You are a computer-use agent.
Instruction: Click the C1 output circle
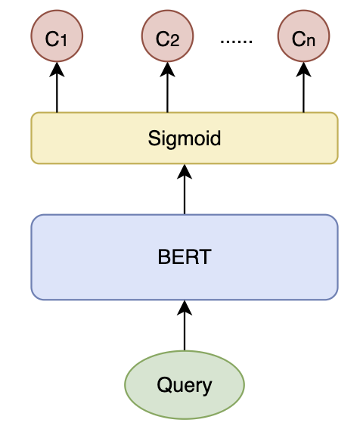[57, 36]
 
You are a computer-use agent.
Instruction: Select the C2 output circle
[167, 36]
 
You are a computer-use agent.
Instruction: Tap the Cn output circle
[303, 36]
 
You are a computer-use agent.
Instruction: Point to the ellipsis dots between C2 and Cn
[236, 42]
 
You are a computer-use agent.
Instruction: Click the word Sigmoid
[185, 138]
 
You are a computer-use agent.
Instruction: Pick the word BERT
[185, 257]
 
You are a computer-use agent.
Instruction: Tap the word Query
[185, 385]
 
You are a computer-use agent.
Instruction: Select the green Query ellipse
[185, 384]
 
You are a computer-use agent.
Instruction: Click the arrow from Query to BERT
[185, 325]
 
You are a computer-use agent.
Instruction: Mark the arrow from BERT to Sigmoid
[185, 189]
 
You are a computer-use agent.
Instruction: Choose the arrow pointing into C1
[57, 87]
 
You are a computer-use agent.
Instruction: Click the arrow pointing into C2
[167, 87]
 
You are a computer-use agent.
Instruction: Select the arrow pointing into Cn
[303, 87]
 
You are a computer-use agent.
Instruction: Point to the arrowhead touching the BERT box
[185, 307]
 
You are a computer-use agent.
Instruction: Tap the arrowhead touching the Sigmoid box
[185, 172]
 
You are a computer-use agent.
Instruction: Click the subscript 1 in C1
[64, 41]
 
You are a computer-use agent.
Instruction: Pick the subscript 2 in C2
[175, 41]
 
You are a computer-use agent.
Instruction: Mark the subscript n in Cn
[311, 42]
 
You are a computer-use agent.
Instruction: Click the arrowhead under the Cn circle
[303, 70]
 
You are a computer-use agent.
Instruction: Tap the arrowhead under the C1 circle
[57, 70]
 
